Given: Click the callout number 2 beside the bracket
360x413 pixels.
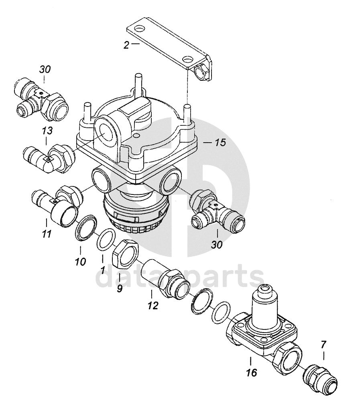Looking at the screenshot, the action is (x=127, y=45).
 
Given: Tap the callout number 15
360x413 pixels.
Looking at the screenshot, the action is (x=220, y=143).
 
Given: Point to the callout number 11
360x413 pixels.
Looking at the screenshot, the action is (x=47, y=233).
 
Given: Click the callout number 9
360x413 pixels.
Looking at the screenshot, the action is (x=120, y=288).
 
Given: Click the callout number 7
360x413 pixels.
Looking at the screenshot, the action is (x=323, y=344).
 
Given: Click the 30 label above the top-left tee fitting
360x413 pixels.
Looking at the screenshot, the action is (x=45, y=70).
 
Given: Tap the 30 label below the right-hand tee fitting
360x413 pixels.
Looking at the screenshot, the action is (x=217, y=245).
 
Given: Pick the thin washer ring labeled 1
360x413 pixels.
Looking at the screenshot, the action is (x=106, y=239).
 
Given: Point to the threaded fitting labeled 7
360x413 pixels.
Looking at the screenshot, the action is (x=320, y=377).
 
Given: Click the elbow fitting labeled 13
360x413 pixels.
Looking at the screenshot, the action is (x=49, y=159).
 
